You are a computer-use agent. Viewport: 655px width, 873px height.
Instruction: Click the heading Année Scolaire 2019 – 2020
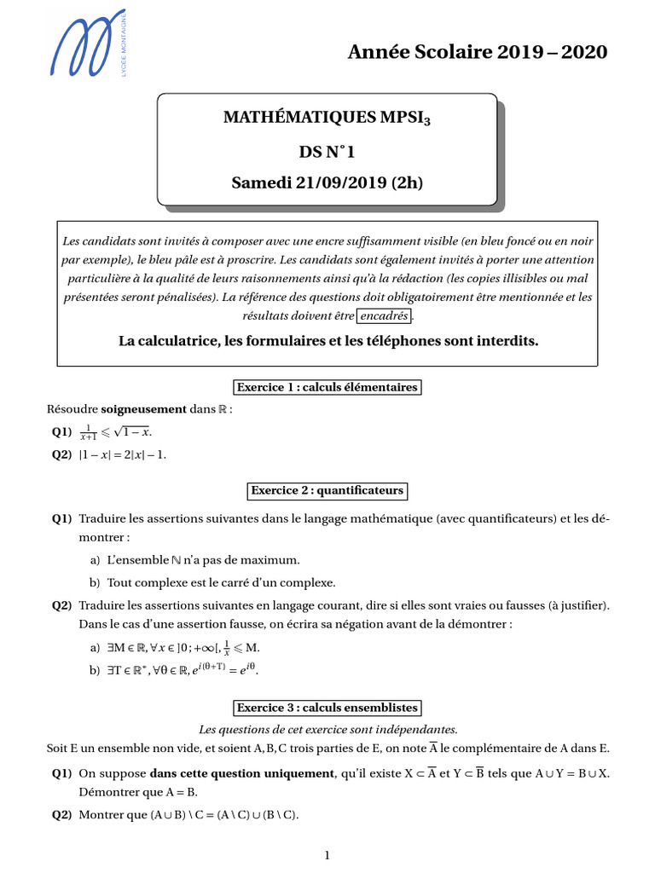(478, 52)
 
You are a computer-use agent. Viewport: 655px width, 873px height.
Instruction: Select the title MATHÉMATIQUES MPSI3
(327, 117)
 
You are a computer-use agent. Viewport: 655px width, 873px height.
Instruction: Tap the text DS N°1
(327, 152)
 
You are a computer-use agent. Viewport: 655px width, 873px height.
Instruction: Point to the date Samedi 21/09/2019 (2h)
(327, 182)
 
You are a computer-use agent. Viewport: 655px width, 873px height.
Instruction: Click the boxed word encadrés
(384, 316)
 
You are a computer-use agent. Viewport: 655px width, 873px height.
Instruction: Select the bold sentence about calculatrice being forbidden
(328, 341)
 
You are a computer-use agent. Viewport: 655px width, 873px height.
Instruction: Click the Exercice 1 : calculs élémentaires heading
(327, 387)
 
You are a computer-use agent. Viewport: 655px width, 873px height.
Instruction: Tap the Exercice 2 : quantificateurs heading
(327, 491)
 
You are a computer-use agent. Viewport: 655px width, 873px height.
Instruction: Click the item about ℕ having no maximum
(203, 560)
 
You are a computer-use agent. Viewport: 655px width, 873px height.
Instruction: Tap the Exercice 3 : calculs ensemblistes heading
(327, 708)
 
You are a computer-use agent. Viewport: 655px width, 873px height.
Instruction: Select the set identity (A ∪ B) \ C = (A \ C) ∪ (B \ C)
(224, 814)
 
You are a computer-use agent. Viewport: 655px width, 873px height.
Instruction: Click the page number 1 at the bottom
(327, 856)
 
